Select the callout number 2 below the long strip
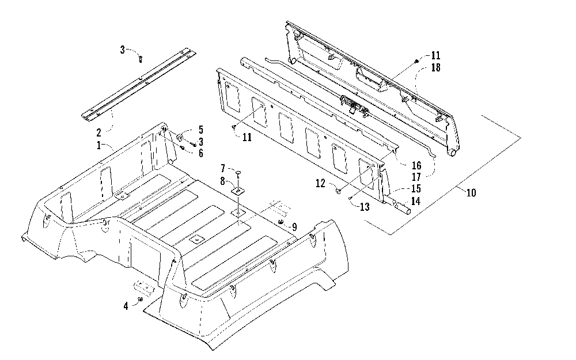98,131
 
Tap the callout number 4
126,306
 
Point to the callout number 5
200,130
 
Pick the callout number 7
223,168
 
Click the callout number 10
471,193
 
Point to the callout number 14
416,201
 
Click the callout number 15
416,188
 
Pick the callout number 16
416,165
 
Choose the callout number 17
416,176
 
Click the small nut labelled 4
140,300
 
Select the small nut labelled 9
280,222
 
